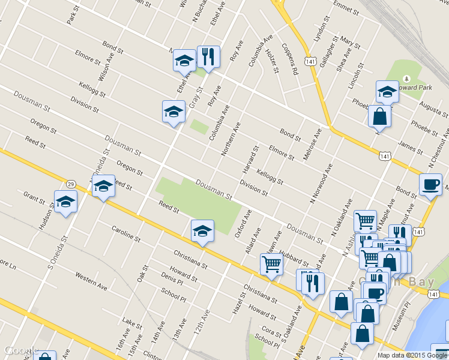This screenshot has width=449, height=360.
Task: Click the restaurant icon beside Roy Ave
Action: (x=208, y=58)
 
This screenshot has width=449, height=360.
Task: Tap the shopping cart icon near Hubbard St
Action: (x=271, y=263)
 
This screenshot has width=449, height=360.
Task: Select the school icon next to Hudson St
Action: (x=65, y=202)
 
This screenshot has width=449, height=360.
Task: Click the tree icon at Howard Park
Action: (x=406, y=79)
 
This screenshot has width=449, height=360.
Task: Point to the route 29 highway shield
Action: (x=71, y=184)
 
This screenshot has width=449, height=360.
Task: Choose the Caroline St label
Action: (x=126, y=234)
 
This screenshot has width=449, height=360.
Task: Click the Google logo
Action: (x=21, y=350)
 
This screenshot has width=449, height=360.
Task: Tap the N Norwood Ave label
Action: (x=322, y=182)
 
